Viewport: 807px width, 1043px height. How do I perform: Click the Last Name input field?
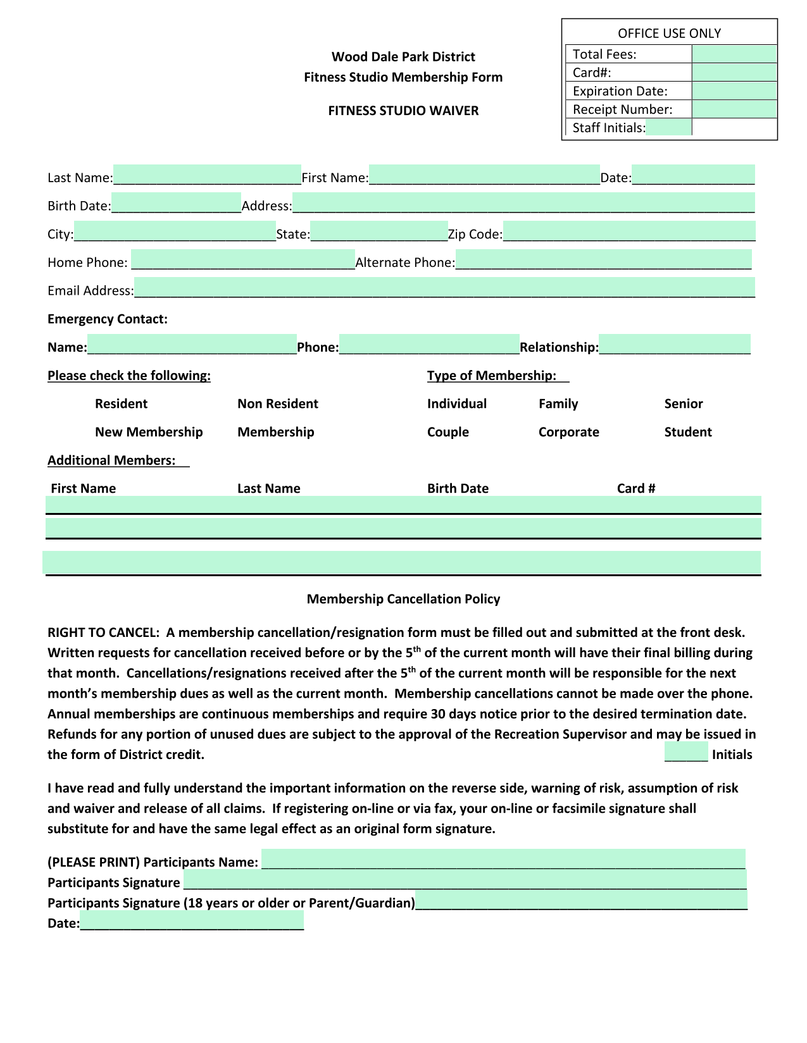[207, 174]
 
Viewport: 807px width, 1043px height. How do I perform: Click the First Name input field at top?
[484, 174]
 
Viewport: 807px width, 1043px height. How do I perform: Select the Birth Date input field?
[176, 202]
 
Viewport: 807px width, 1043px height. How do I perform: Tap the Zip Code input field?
[629, 231]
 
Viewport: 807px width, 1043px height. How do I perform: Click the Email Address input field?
[444, 287]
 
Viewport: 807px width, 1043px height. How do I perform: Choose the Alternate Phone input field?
[603, 259]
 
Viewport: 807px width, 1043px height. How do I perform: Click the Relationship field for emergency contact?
[674, 344]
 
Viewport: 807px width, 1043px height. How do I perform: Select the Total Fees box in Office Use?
[734, 54]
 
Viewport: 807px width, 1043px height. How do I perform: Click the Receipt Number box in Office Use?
[734, 109]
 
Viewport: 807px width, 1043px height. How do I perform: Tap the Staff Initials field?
[669, 127]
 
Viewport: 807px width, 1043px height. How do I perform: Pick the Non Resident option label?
[278, 404]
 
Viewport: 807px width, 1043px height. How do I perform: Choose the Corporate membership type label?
[568, 432]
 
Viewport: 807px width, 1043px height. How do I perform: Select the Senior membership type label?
[684, 404]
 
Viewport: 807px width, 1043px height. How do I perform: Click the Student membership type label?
[688, 432]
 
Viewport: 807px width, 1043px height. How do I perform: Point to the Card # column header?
[635, 488]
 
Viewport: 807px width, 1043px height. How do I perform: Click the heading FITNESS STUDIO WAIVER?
[403, 111]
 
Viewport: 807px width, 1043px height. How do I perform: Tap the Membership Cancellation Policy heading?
[403, 599]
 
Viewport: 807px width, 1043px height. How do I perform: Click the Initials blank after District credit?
[686, 753]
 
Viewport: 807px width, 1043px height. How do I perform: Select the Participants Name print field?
[503, 859]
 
